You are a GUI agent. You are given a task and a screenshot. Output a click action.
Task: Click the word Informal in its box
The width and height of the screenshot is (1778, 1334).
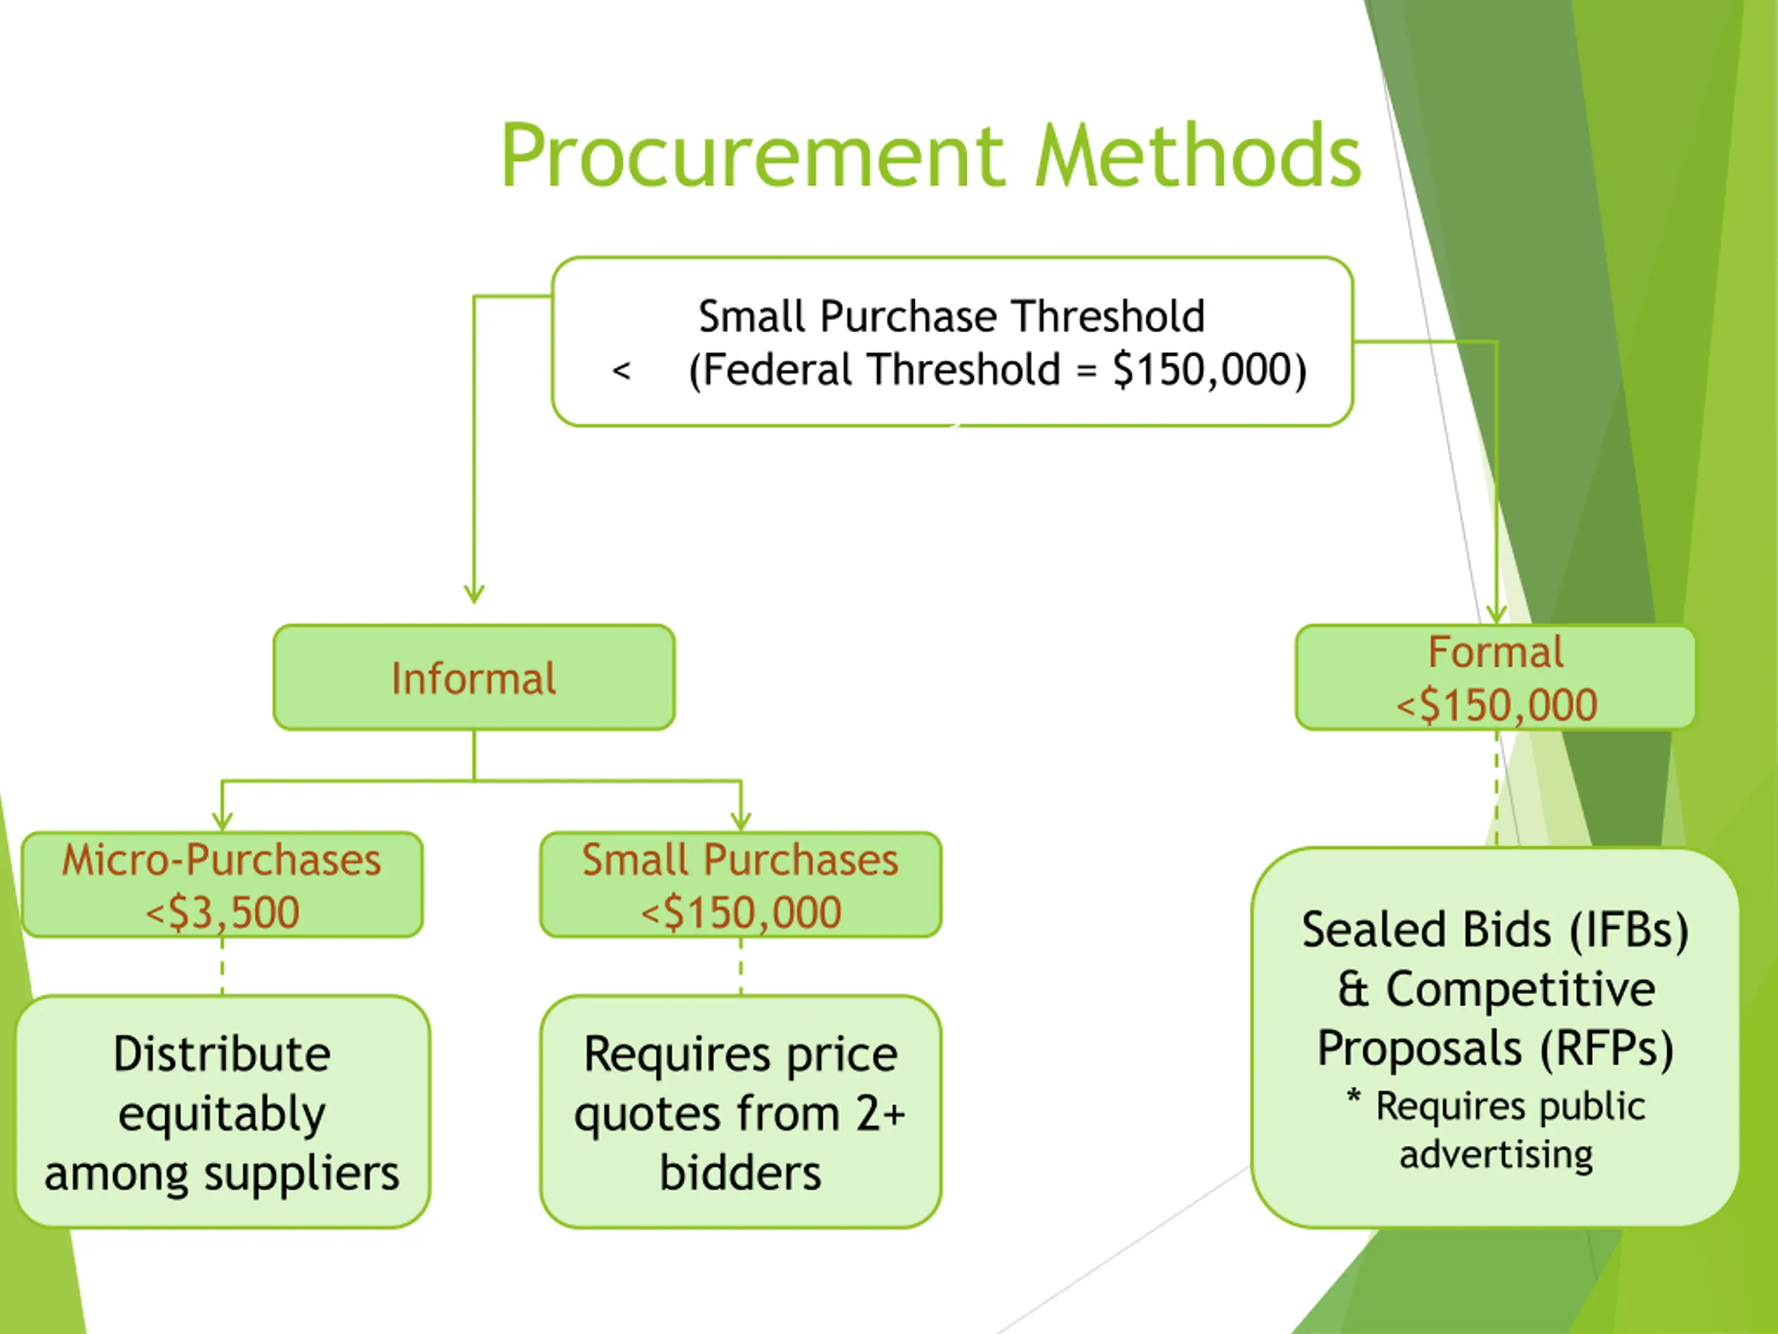pyautogui.click(x=474, y=679)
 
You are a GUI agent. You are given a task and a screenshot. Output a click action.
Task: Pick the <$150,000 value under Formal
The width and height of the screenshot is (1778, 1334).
pyautogui.click(x=1496, y=706)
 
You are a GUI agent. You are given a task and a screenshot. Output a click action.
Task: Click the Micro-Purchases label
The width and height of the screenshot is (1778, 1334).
pyautogui.click(x=222, y=860)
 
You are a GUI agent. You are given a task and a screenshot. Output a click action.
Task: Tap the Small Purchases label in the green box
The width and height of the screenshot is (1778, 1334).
pyautogui.click(x=740, y=860)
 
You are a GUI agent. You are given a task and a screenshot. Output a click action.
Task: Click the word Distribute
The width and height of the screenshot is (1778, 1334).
pyautogui.click(x=222, y=1054)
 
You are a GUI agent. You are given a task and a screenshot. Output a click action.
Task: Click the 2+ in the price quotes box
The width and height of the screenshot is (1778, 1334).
pyautogui.click(x=880, y=1114)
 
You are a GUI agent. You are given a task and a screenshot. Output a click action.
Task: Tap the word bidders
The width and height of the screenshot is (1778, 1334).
pyautogui.click(x=740, y=1174)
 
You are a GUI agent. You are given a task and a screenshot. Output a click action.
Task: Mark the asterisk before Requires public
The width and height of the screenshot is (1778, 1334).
pyautogui.click(x=1354, y=1098)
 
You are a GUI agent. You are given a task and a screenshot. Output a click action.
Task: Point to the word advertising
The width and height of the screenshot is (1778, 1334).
pyautogui.click(x=1496, y=1155)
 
